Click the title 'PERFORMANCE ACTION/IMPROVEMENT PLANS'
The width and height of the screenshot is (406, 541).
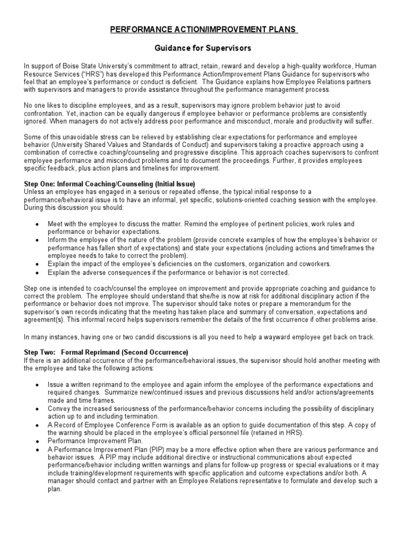[x=204, y=31]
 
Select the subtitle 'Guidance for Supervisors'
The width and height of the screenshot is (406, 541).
[x=203, y=48]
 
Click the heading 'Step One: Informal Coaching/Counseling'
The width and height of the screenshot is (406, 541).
[x=110, y=183]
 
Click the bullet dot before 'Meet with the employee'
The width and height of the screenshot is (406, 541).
[x=36, y=224]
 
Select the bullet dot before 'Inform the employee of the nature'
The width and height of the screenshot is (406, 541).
[x=36, y=240]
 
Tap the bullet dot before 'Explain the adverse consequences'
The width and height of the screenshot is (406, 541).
[x=36, y=273]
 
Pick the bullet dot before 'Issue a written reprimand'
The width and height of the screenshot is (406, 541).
[x=36, y=385]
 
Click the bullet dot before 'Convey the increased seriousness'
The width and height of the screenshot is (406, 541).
[x=36, y=409]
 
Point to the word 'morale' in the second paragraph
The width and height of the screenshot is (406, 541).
[x=282, y=121]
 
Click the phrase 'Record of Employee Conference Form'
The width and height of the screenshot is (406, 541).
[x=104, y=425]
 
